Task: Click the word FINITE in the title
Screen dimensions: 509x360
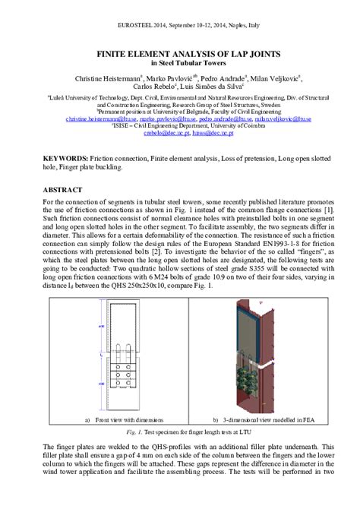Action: click(x=113, y=54)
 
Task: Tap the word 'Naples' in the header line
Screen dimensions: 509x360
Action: click(x=233, y=25)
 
